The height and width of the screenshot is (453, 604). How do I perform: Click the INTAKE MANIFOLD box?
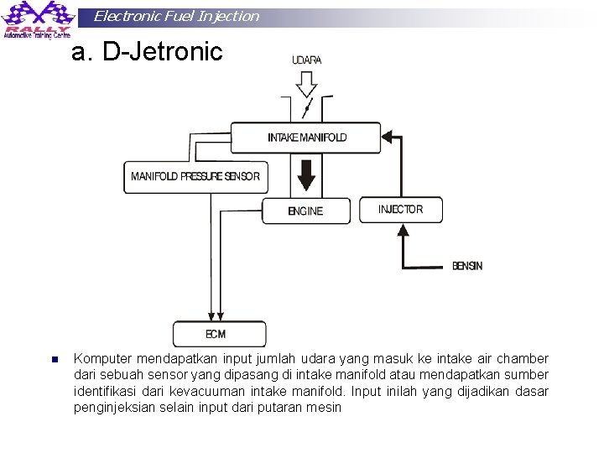click(x=306, y=138)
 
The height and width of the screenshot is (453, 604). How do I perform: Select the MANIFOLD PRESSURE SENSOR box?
click(x=195, y=177)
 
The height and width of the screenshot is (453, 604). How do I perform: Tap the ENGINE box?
click(x=305, y=211)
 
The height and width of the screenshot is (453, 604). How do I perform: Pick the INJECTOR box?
click(x=400, y=210)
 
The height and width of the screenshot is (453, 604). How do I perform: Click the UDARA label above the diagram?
click(x=306, y=60)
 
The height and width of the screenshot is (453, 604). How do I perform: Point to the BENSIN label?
click(x=467, y=266)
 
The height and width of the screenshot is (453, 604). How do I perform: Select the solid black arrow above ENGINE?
click(x=306, y=176)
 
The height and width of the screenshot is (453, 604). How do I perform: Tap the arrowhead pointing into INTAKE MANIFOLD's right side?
click(x=388, y=133)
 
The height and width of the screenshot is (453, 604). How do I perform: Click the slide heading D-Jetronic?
click(x=147, y=52)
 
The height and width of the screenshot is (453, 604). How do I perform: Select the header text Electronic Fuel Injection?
click(x=176, y=16)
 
